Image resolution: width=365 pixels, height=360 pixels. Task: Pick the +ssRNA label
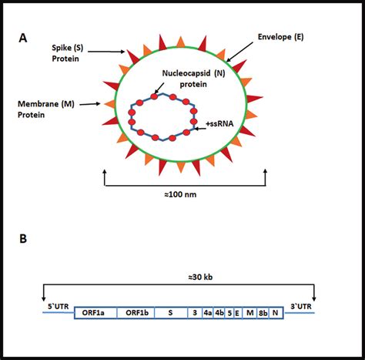(x=220, y=123)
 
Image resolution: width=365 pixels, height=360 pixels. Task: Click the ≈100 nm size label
(x=184, y=195)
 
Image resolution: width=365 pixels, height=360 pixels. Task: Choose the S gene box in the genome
(x=169, y=314)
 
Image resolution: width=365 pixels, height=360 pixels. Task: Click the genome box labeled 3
(x=195, y=314)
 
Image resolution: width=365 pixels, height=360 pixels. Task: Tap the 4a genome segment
(x=208, y=314)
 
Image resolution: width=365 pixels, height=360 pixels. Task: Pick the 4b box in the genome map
(x=219, y=314)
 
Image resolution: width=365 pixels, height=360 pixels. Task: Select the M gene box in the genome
(x=248, y=314)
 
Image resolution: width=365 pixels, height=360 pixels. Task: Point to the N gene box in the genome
(x=276, y=314)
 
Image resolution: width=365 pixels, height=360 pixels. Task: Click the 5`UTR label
(x=57, y=306)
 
